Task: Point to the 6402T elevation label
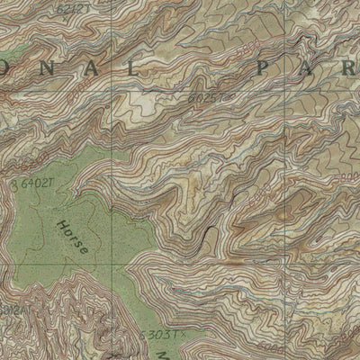tap(34, 184)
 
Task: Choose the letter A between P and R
tap(310, 68)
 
